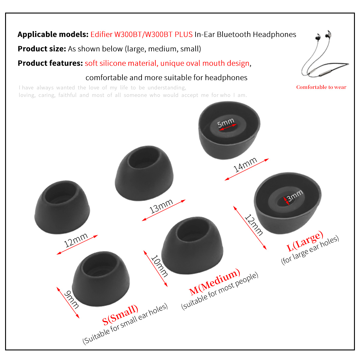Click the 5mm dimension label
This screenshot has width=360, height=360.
point(226,123)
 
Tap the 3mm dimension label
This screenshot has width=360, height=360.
point(295,195)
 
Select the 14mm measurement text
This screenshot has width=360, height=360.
point(245,164)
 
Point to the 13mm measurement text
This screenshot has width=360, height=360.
point(161,206)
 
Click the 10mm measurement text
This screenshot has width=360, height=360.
point(159,266)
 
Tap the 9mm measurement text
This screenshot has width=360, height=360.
point(71,300)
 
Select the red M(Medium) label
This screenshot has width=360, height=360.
point(215,281)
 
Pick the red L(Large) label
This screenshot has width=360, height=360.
point(305,241)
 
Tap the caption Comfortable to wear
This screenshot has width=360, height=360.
point(321,87)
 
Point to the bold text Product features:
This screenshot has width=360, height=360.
point(50,63)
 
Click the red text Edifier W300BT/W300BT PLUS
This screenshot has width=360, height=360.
point(141,34)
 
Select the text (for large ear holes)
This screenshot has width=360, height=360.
point(310,250)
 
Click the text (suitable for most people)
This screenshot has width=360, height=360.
point(220,291)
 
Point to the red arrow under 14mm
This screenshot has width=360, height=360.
point(247,169)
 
